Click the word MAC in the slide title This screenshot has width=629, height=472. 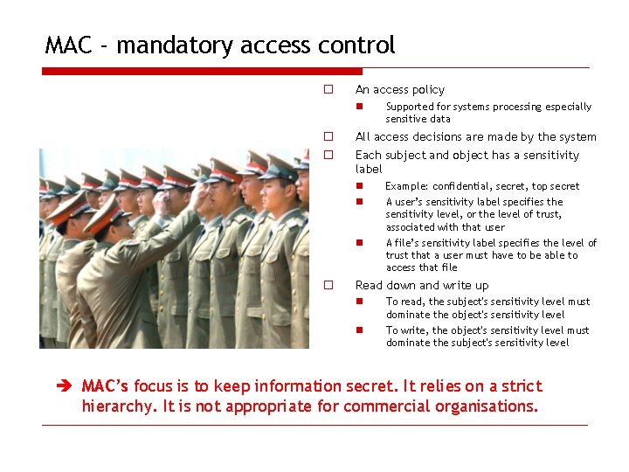click(x=69, y=45)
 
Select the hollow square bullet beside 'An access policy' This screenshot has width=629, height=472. click(x=328, y=89)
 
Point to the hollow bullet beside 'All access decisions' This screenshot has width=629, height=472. click(x=328, y=136)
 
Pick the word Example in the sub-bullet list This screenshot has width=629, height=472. click(x=405, y=186)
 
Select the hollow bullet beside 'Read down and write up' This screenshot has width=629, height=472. click(x=328, y=285)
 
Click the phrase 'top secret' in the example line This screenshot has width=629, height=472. click(x=556, y=186)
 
